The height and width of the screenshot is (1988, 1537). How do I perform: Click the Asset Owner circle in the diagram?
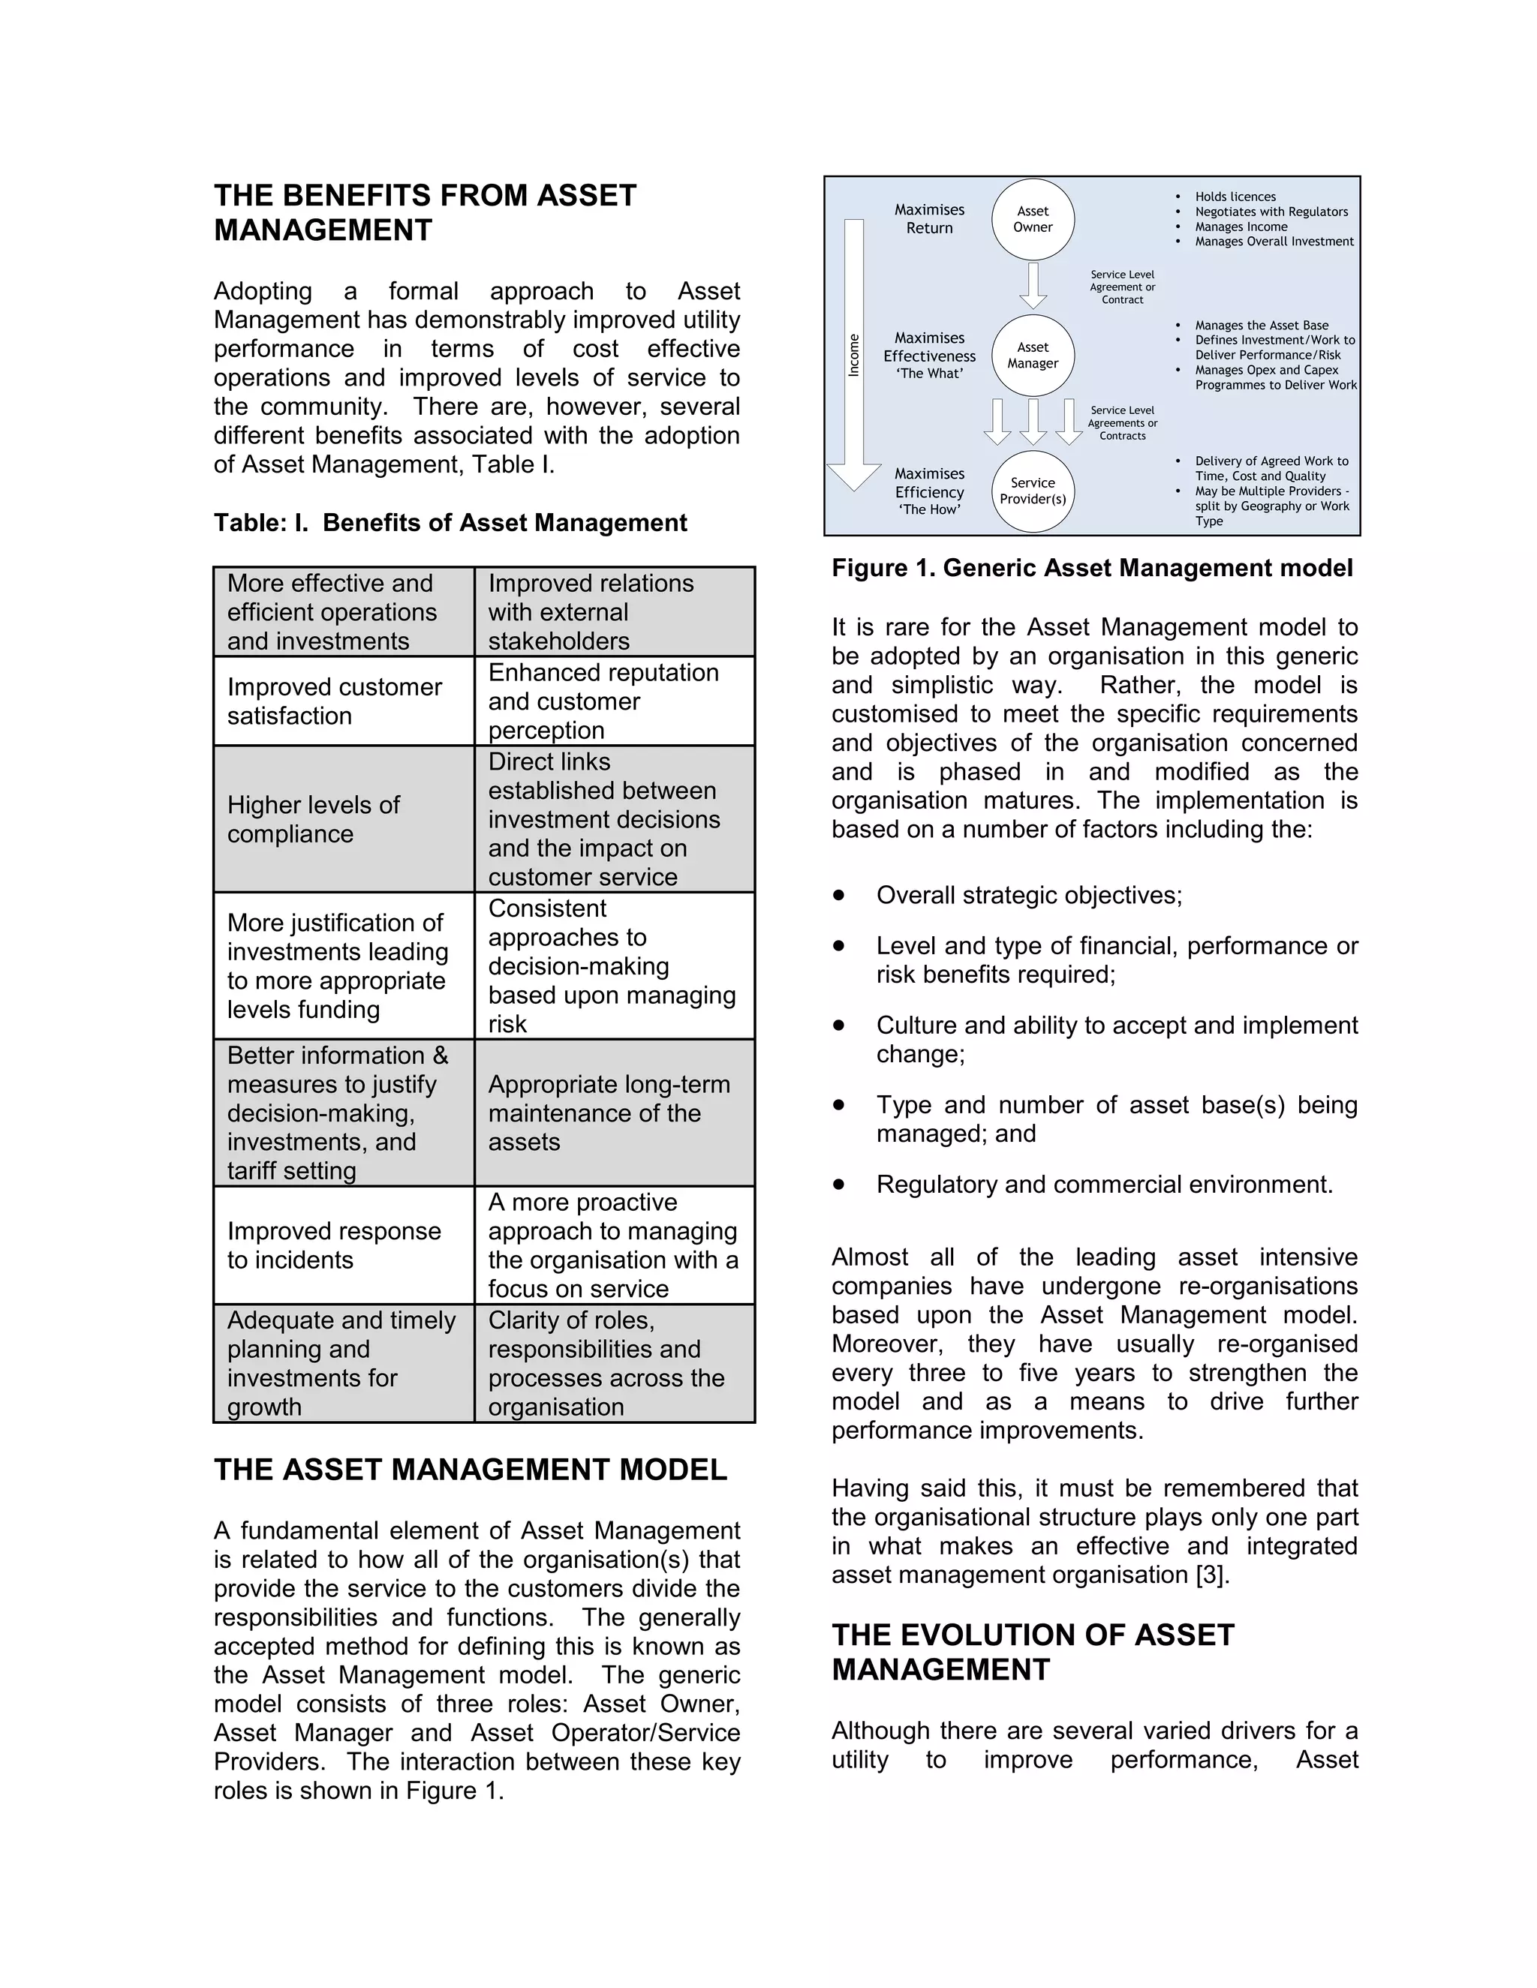[x=1033, y=219]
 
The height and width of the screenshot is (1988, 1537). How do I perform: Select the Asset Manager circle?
[x=1033, y=355]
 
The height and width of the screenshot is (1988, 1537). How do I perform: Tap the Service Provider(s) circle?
[x=1033, y=491]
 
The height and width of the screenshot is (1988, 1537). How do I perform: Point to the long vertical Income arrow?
[x=854, y=355]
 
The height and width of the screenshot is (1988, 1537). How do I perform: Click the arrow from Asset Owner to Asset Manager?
[x=1033, y=285]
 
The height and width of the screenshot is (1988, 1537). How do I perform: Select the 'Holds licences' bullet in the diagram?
[x=1235, y=197]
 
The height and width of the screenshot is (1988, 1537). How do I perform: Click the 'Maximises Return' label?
[x=929, y=219]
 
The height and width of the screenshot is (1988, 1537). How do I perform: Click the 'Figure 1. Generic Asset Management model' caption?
[x=1092, y=568]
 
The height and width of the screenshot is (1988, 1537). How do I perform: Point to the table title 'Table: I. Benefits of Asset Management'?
[x=450, y=522]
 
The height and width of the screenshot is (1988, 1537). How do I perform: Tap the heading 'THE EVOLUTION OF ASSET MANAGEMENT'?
[x=1033, y=1652]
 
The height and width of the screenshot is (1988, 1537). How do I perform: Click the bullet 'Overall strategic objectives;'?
[x=1029, y=896]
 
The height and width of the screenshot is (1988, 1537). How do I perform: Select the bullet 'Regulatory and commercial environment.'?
[x=1103, y=1185]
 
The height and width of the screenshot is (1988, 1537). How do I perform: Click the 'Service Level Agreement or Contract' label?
[x=1122, y=287]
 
